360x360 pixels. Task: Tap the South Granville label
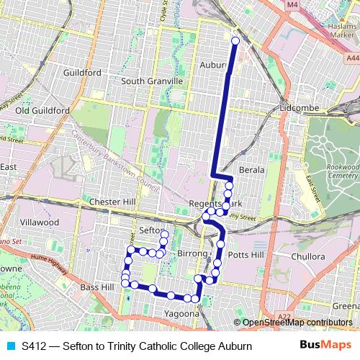click(152, 81)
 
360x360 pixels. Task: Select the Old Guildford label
click(42, 111)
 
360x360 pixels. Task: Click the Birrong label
click(192, 254)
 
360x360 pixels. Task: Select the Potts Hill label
click(245, 255)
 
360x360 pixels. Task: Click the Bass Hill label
click(97, 287)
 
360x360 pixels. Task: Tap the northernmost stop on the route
click(235, 41)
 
